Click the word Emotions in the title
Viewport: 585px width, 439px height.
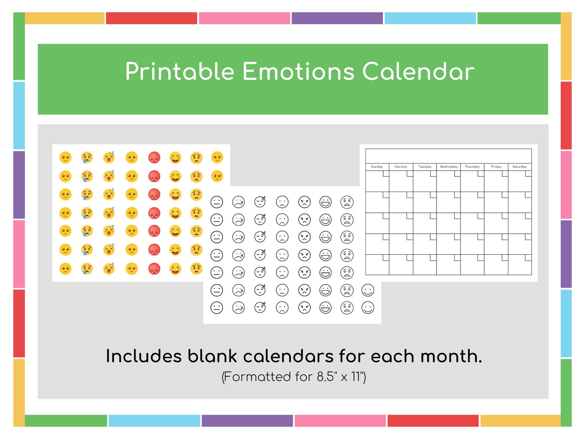(x=298, y=72)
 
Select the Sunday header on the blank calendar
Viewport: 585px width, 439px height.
(x=377, y=167)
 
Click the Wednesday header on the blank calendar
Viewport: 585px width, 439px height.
(x=448, y=167)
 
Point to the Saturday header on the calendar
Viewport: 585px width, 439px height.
(x=519, y=167)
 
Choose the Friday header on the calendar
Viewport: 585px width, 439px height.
(x=496, y=167)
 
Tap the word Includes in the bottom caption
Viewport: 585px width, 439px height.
(x=144, y=356)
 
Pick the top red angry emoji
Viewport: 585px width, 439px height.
(x=154, y=158)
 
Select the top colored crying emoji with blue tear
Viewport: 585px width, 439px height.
(x=87, y=158)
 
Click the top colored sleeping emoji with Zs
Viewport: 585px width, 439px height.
(x=109, y=157)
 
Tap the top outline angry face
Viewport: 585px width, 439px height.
(x=304, y=202)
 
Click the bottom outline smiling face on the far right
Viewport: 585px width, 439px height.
(x=368, y=307)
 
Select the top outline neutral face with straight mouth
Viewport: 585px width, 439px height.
(x=217, y=202)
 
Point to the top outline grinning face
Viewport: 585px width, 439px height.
(x=325, y=202)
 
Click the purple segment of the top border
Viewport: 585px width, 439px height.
(x=337, y=18)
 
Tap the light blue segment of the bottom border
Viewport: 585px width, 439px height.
(x=154, y=421)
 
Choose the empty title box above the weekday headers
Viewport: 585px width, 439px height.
(x=448, y=156)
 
